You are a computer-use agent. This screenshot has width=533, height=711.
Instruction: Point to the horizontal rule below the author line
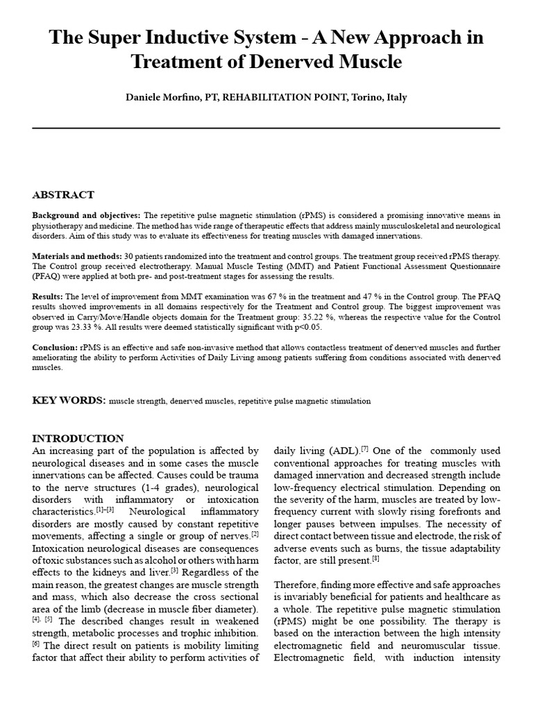coord(266,128)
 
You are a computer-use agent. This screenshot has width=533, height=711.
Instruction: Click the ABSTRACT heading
coord(63,195)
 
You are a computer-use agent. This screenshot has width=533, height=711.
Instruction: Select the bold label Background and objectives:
coord(86,216)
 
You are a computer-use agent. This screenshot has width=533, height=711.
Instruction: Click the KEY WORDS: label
coord(69,401)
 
